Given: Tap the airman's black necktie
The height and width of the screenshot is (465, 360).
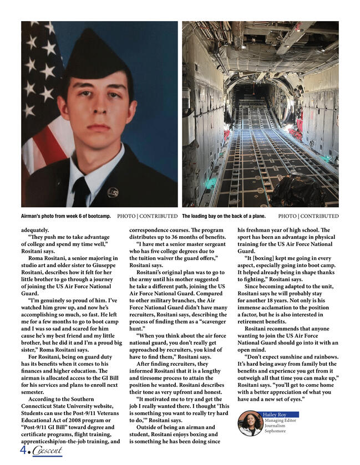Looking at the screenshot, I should [81, 191].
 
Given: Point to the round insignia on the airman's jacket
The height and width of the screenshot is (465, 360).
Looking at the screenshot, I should [113, 193].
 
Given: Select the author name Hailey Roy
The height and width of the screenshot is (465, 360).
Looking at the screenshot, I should [275, 415].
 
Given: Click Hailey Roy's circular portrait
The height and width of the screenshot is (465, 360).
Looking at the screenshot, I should [250, 423].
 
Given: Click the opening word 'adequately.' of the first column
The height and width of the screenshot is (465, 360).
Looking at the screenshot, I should [35, 229].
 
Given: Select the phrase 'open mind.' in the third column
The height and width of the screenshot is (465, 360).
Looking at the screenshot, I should [252, 350].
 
